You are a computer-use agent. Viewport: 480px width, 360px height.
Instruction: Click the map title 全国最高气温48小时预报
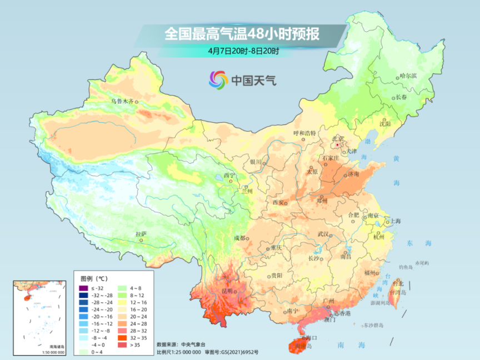tap(242, 34)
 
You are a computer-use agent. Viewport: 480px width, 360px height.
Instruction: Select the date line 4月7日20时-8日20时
tap(243, 51)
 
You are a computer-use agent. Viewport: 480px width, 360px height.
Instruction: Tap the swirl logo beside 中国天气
tap(218, 79)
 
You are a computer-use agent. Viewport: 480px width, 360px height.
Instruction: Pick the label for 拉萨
tap(141, 234)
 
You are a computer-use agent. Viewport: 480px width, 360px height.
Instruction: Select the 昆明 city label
tap(227, 291)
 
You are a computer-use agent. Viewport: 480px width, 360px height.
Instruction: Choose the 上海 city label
tap(396, 221)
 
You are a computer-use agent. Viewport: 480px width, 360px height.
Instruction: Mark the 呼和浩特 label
tap(304, 133)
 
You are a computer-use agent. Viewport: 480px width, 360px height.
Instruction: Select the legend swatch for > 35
tap(119, 345)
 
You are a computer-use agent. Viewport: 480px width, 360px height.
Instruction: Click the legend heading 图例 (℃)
tap(93, 278)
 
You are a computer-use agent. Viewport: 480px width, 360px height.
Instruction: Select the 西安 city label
tap(278, 202)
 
